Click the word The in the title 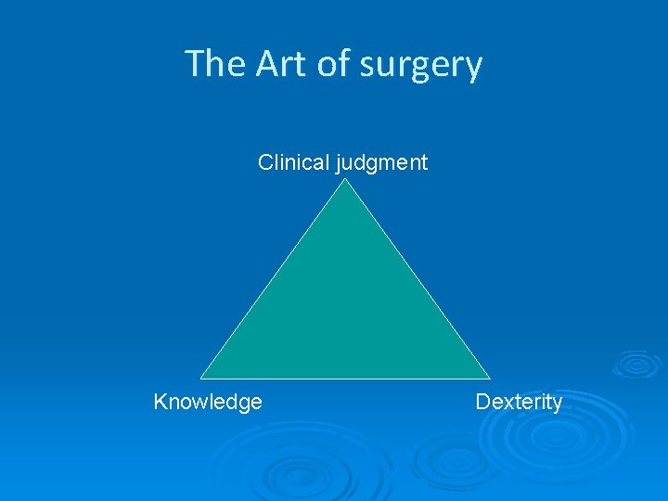(215, 64)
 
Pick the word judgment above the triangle (382, 164)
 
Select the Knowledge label (208, 402)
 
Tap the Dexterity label (519, 403)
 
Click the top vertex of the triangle (346, 180)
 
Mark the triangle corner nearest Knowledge (202, 378)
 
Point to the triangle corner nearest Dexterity (489, 378)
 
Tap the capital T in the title (195, 64)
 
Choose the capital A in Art (265, 64)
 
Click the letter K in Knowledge (161, 402)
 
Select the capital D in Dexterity (482, 402)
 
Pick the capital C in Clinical (265, 163)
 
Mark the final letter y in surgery (473, 68)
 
